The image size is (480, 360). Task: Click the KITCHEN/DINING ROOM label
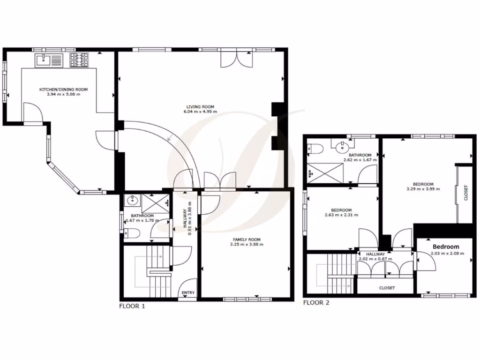63,89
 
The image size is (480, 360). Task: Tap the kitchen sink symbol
48,60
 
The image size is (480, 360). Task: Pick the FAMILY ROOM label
247,239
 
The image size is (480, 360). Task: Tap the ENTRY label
188,293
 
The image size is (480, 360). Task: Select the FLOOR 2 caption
316,303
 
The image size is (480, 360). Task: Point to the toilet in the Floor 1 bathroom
131,233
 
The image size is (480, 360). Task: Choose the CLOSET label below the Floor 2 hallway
387,288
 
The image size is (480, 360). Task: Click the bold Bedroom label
446,247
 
